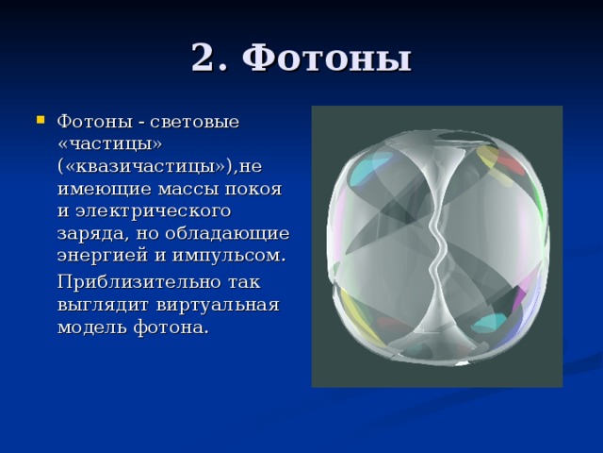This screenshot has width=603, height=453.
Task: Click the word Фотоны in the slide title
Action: (x=327, y=58)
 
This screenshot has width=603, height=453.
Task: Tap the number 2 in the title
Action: (x=207, y=57)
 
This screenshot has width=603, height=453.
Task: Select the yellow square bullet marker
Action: (x=41, y=120)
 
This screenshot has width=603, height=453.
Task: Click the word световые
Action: (x=195, y=122)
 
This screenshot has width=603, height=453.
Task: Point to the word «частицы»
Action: (x=109, y=144)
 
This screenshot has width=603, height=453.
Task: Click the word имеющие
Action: (x=105, y=189)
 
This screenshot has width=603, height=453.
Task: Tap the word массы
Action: (x=188, y=189)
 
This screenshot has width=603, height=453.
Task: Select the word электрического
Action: (x=154, y=211)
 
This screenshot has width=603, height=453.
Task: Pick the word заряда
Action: (x=91, y=234)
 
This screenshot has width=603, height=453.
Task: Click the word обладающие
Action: (x=227, y=233)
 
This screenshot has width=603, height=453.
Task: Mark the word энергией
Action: (x=103, y=256)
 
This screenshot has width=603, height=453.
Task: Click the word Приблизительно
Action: (x=139, y=282)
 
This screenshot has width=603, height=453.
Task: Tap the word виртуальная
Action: (x=218, y=305)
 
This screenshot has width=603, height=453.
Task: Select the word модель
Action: (x=92, y=327)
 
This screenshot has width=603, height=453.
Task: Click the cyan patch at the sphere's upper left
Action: (x=371, y=166)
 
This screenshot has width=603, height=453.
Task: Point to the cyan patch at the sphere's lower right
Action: (x=489, y=322)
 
